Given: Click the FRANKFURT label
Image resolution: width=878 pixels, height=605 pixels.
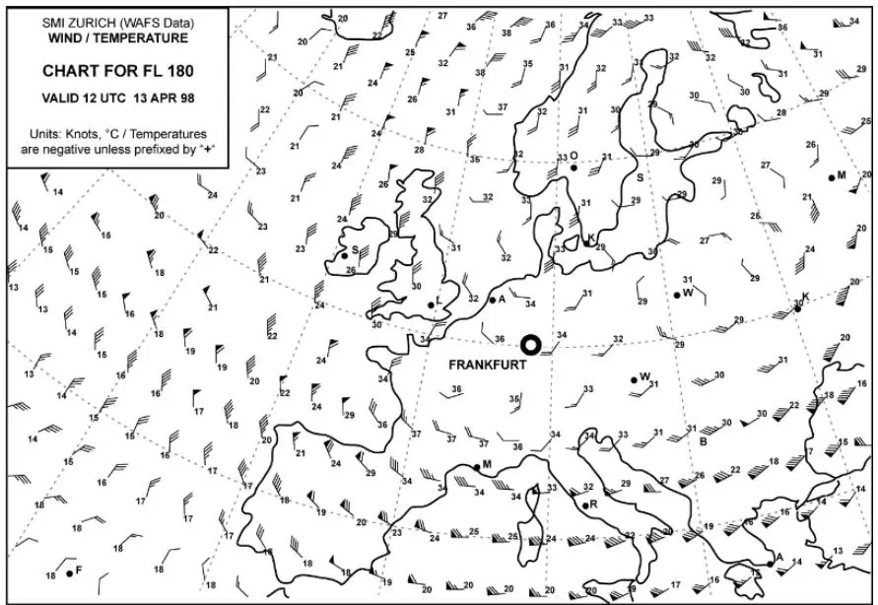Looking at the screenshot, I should [488, 365].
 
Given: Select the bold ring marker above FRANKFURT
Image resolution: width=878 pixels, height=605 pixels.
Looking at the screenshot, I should [530, 344].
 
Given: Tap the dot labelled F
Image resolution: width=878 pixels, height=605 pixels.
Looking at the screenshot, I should [69, 571].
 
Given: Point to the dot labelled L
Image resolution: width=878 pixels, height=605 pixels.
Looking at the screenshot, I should [431, 304].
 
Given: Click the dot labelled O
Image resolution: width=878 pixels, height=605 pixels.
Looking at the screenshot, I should [573, 168].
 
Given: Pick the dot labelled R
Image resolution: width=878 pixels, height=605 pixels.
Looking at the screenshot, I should [584, 505].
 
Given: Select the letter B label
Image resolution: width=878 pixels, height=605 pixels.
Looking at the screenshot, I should [703, 441].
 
